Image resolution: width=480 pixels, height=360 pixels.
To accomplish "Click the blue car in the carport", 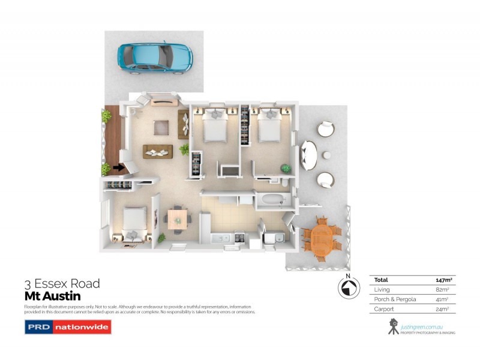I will (x=155, y=55).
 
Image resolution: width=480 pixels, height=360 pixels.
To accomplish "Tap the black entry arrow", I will (x=119, y=168).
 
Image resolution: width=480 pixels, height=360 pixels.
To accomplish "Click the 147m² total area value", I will (x=443, y=280).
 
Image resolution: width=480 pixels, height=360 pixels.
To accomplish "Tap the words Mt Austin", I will (x=52, y=296).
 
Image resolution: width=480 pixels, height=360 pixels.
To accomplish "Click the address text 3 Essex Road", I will (x=62, y=284).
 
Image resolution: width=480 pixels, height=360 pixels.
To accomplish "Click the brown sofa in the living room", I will (x=158, y=152).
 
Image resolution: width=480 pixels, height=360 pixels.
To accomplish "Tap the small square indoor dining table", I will (x=177, y=218).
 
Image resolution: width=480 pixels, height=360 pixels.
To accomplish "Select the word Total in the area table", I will (x=381, y=280).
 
